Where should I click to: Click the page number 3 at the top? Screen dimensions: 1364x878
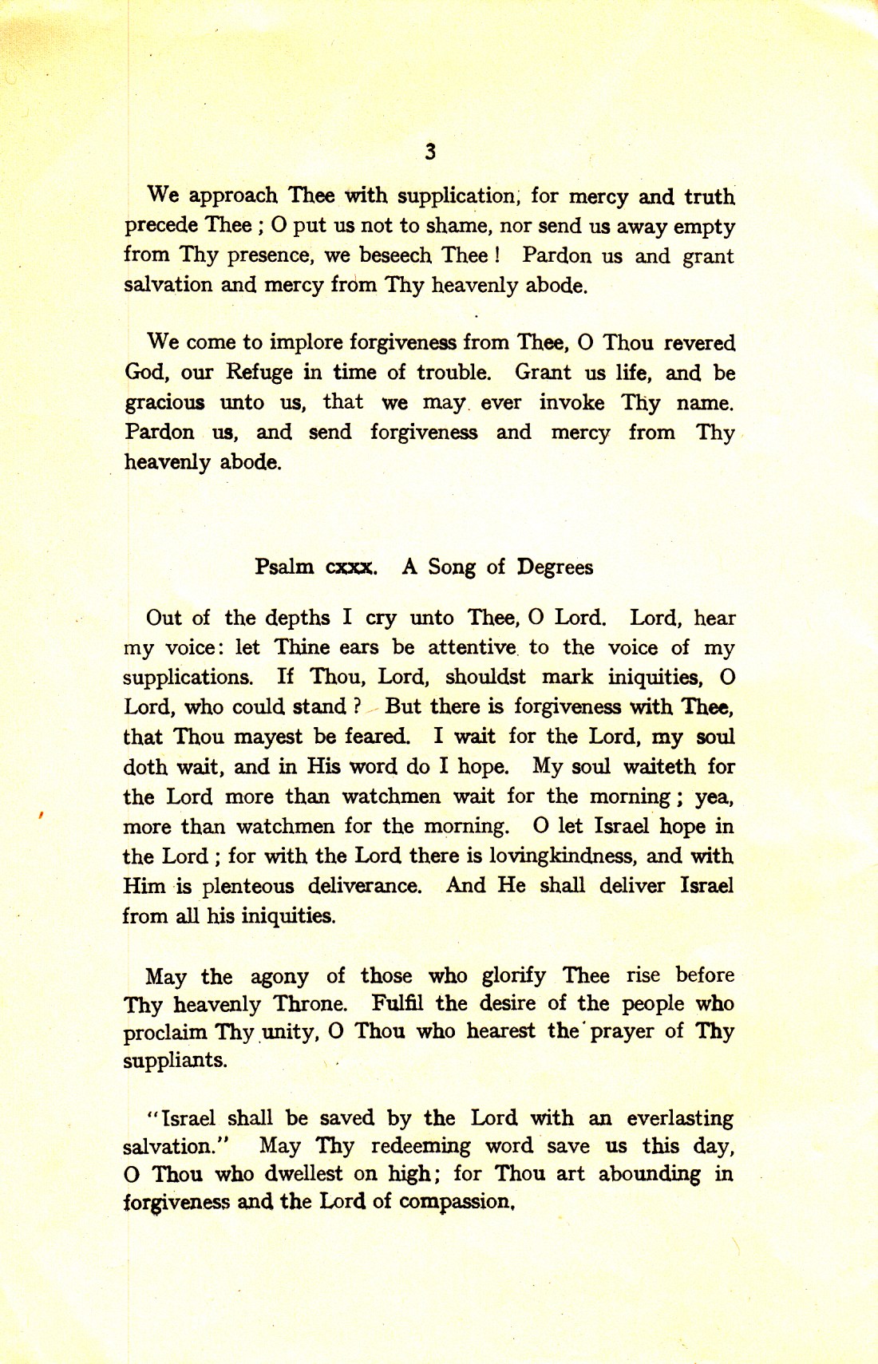430,152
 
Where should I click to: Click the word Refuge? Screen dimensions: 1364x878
259,372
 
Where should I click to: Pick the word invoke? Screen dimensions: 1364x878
571,402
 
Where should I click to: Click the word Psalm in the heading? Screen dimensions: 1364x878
284,567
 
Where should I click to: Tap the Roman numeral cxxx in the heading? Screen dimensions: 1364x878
351,567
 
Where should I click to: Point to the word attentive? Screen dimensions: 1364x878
472,647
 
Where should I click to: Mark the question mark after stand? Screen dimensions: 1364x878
358,706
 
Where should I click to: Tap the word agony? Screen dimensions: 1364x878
279,977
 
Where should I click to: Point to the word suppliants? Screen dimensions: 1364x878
175,1062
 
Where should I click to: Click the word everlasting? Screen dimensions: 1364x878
679,1119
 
